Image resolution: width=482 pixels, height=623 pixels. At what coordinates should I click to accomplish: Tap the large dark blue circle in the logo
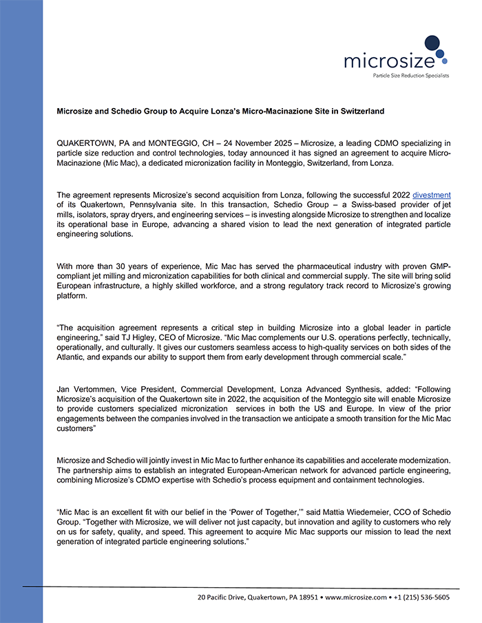pyautogui.click(x=432, y=43)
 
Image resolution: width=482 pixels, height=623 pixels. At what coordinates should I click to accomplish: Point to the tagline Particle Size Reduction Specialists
pyautogui.click(x=410, y=75)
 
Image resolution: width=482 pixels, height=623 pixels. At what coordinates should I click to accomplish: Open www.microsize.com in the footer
pyautogui.click(x=354, y=598)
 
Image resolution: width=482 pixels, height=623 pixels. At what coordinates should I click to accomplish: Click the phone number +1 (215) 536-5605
pyautogui.click(x=421, y=598)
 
